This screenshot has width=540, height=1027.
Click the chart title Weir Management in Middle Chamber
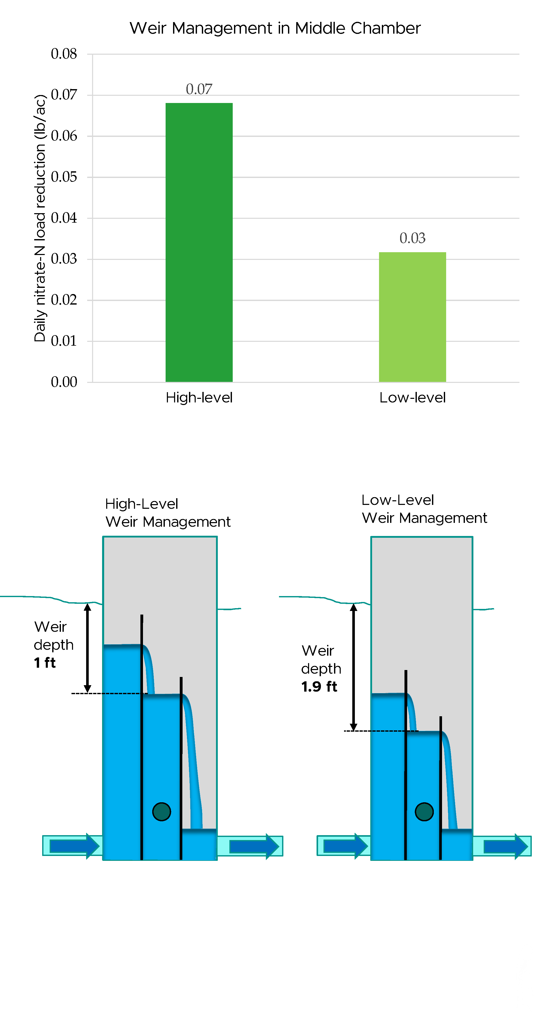click(275, 28)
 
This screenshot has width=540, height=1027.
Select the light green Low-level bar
click(412, 317)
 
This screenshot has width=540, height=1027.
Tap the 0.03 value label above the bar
click(412, 238)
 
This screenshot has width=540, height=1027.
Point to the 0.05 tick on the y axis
click(64, 177)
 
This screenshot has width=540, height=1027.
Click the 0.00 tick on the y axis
click(64, 382)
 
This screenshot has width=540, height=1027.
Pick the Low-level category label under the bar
click(412, 398)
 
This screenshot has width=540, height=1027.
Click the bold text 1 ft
click(45, 663)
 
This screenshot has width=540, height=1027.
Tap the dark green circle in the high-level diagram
click(162, 811)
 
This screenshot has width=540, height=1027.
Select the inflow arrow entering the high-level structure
click(74, 846)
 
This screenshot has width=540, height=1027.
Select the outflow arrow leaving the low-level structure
click(505, 846)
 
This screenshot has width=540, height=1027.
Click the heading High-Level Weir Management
click(168, 513)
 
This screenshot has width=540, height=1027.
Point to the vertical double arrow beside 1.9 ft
click(353, 667)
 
